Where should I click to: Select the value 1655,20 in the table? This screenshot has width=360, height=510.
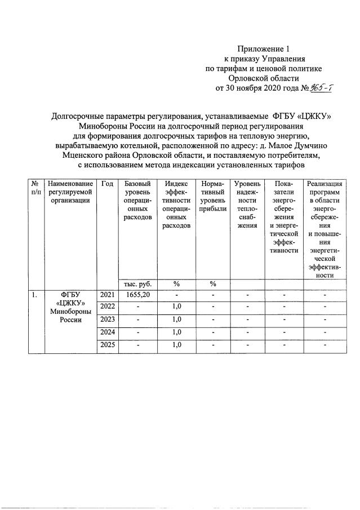tap(137, 295)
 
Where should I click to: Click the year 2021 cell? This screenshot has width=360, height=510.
tap(107, 295)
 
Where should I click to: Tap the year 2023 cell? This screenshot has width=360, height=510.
tap(107, 318)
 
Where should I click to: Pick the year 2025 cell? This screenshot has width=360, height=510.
tap(107, 344)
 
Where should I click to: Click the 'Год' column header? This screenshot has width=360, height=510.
tap(107, 184)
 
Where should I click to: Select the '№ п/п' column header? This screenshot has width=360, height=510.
tap(36, 189)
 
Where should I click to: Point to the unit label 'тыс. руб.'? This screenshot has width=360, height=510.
tap(137, 283)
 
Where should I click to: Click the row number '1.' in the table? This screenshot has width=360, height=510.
tap(35, 295)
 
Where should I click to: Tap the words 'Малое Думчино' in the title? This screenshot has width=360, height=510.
tap(299, 145)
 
